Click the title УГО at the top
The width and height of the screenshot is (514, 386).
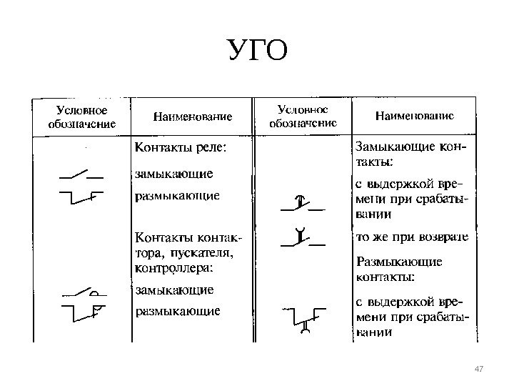[x=257, y=52]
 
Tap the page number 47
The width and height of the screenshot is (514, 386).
[x=479, y=368]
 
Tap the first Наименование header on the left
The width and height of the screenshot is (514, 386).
[x=193, y=117]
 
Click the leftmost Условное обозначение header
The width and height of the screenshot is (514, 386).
[x=82, y=117]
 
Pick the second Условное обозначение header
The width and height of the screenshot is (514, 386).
[x=302, y=116]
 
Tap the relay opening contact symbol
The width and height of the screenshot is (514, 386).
[x=81, y=196]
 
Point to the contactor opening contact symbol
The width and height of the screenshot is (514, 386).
[x=81, y=312]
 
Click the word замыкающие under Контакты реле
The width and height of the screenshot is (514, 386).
[x=174, y=173]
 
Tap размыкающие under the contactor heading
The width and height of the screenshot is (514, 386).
[x=178, y=312]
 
